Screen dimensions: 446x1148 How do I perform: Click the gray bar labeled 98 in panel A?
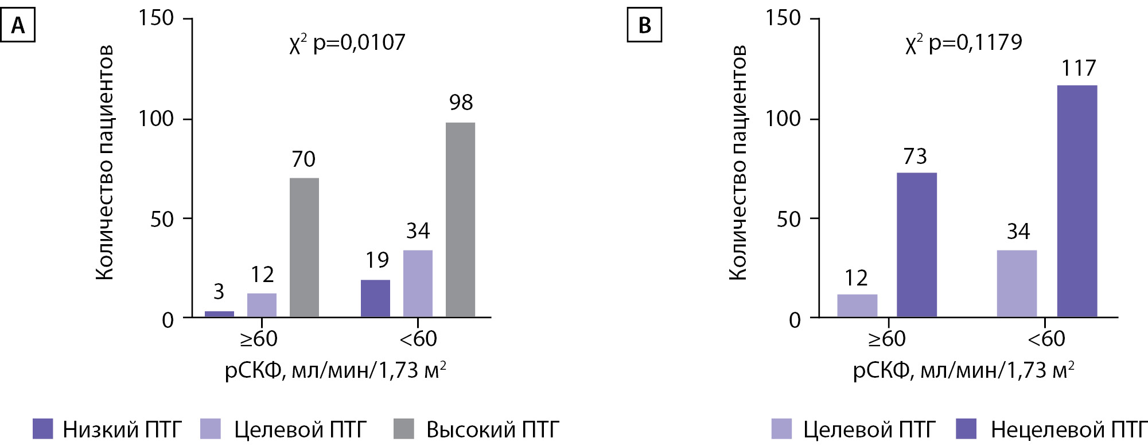[x=460, y=220]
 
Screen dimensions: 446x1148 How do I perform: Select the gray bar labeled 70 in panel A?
[x=304, y=247]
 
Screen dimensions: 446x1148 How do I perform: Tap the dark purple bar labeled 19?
[x=375, y=298]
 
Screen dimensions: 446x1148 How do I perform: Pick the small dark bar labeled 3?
[x=219, y=314]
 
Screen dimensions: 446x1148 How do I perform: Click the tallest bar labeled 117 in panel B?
[x=1077, y=201]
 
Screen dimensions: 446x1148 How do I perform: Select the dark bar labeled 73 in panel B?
[x=916, y=244]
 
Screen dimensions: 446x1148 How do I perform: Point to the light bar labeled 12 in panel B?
[x=857, y=305]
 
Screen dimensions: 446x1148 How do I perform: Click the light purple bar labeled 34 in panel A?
[x=418, y=283]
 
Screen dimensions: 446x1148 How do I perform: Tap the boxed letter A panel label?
[x=18, y=26]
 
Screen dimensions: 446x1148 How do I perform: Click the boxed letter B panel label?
[x=644, y=26]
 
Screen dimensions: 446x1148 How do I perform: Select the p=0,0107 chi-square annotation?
[x=347, y=43]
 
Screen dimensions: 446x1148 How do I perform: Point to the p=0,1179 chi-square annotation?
[x=964, y=43]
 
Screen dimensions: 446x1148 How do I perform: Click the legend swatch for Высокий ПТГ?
[x=404, y=429]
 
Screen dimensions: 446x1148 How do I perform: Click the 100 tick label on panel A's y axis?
[x=155, y=119]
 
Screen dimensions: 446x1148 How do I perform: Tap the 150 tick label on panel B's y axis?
[x=783, y=18]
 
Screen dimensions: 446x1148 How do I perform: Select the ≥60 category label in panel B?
[x=886, y=339]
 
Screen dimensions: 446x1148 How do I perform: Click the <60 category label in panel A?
[x=418, y=339]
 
